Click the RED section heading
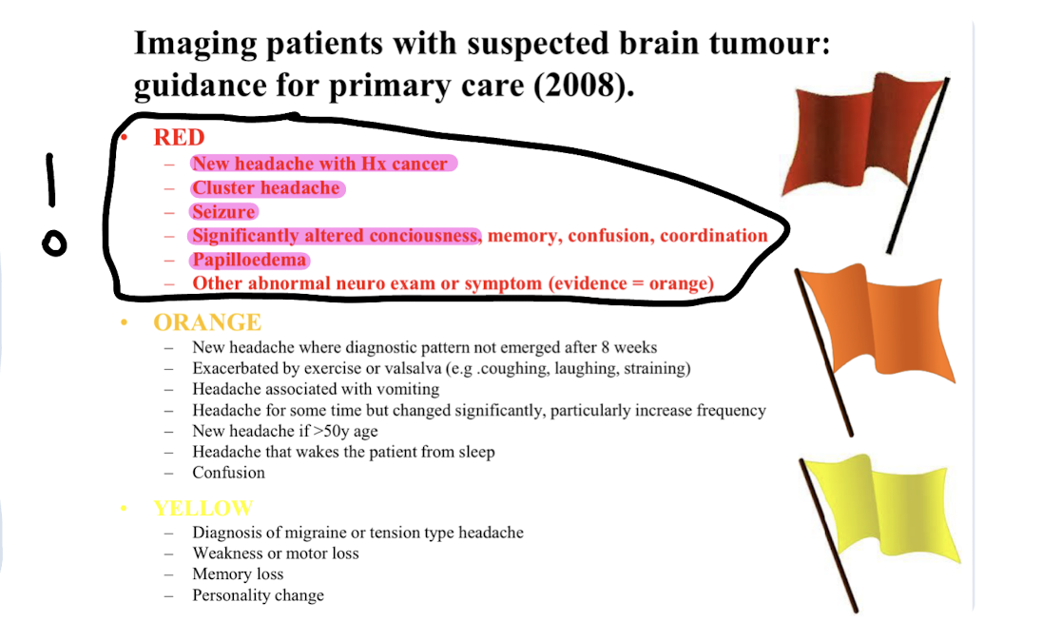(179, 137)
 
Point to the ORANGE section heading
(207, 322)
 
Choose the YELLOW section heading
(203, 508)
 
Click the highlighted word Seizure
(223, 212)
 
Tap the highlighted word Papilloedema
(250, 260)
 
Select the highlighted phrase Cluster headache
(266, 188)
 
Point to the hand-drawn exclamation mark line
(50, 181)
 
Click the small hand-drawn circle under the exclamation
(55, 243)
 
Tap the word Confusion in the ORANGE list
(228, 473)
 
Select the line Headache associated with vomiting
(316, 389)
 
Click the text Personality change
(258, 595)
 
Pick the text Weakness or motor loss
(276, 554)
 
